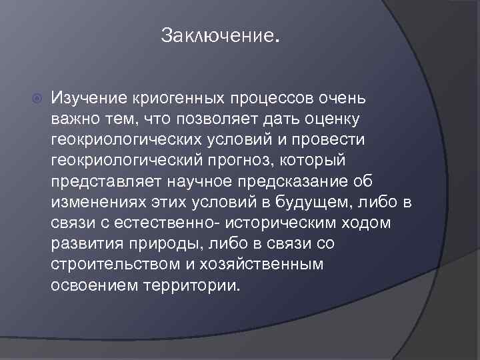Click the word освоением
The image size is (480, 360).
pos(93,285)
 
